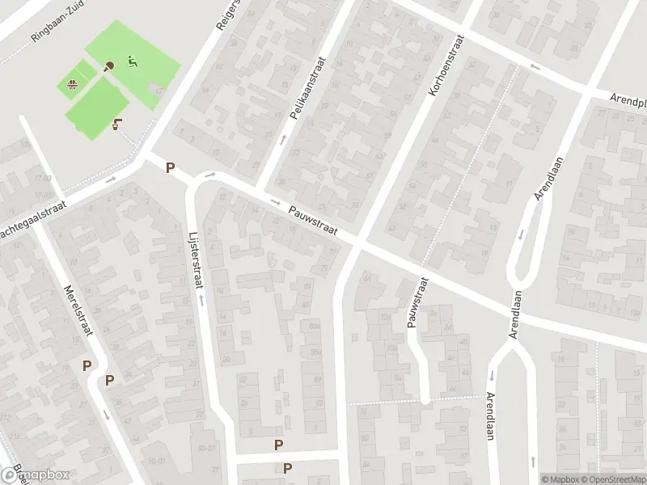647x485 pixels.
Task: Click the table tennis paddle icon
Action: [x=111, y=65]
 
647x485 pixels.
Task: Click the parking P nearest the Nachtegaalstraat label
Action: [x=170, y=168]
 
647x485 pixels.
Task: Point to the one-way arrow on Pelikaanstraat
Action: [x=282, y=140]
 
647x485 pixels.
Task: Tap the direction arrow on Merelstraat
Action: [x=106, y=415]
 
